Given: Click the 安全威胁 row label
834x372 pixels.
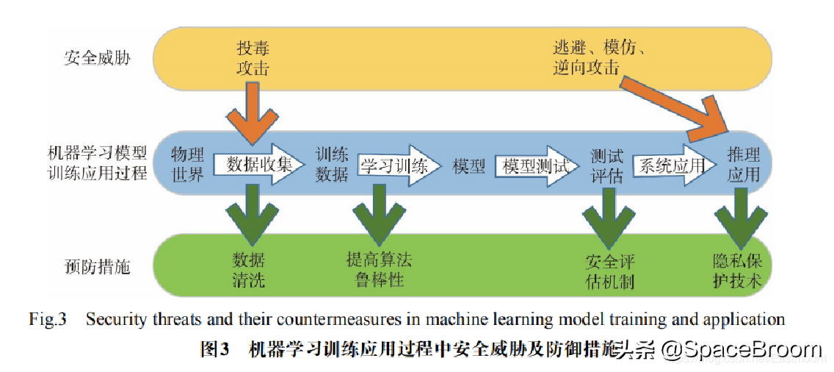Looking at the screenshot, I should click(97, 57).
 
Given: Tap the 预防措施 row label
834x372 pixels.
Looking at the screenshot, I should click(97, 265).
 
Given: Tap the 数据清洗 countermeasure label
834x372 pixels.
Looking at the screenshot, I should click(249, 270).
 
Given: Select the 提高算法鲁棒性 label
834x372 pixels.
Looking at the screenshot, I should click(379, 270).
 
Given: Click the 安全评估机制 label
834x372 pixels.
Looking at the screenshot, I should click(609, 271).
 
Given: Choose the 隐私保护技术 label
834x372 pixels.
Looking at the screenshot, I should click(738, 271).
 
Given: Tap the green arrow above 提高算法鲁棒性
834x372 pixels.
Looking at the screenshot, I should click(379, 213).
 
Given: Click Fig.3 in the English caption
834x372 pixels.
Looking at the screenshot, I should click(48, 320).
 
